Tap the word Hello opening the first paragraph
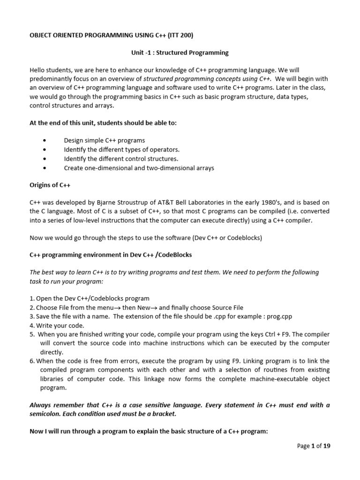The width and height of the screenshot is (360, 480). (38, 70)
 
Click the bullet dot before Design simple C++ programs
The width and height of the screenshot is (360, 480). (44, 140)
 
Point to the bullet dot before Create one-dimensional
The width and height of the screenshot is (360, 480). (44, 168)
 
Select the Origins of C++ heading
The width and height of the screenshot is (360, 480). (50, 185)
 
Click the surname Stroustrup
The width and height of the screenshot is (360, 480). (136, 202)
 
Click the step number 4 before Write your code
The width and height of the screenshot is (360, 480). (31, 325)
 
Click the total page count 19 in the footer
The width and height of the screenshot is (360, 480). (326, 446)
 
